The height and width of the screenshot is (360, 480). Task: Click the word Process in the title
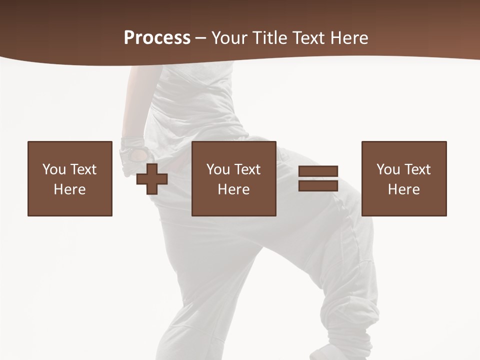(x=157, y=38)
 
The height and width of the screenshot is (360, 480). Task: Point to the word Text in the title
(x=306, y=38)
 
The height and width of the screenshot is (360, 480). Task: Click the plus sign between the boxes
(x=152, y=178)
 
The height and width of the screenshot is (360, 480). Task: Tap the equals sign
(x=318, y=178)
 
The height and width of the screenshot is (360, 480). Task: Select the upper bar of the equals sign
(x=318, y=171)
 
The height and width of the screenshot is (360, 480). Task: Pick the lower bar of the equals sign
(x=318, y=185)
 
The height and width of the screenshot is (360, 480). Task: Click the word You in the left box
(x=54, y=169)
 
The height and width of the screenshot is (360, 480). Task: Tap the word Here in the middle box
(x=233, y=189)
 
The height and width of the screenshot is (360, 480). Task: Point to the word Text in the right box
(x=417, y=169)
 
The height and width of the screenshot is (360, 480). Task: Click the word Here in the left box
(x=69, y=189)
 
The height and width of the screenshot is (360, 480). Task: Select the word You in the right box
(x=388, y=169)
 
